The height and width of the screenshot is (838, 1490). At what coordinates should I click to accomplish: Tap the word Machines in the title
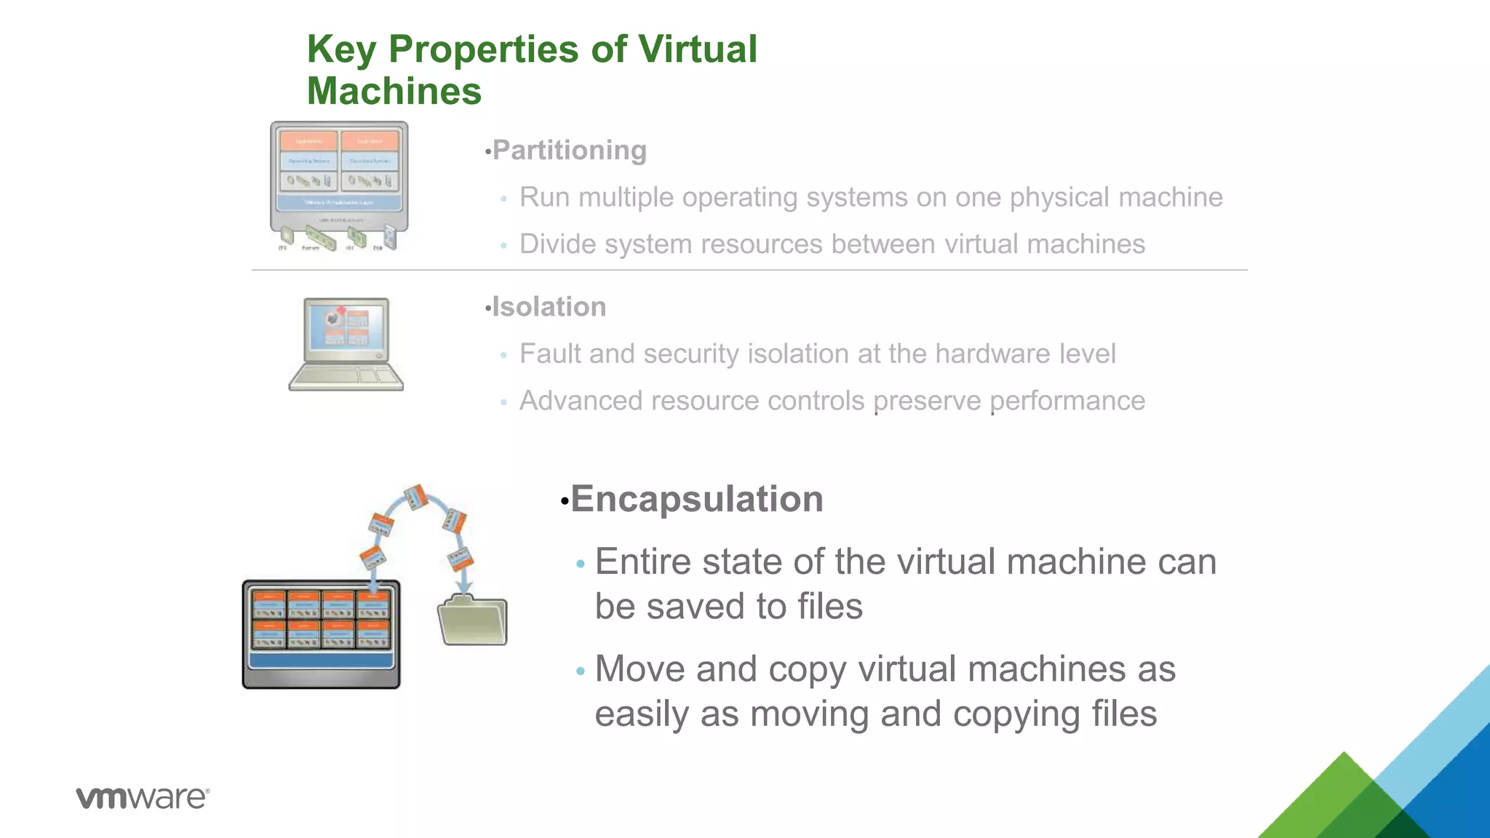click(x=394, y=92)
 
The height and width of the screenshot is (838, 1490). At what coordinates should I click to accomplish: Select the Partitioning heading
click(x=569, y=150)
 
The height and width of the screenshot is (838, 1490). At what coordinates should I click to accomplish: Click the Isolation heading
click(x=549, y=307)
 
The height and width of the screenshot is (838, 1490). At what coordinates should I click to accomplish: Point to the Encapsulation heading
click(x=696, y=499)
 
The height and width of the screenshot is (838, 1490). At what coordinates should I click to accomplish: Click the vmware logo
click(x=143, y=797)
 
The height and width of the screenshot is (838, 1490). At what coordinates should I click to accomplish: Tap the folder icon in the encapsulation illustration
click(x=473, y=620)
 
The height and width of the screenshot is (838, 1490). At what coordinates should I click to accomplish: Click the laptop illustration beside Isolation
click(x=346, y=344)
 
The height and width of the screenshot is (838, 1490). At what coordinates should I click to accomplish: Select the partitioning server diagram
click(x=339, y=186)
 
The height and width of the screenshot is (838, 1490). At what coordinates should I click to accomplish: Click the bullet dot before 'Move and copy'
click(x=580, y=671)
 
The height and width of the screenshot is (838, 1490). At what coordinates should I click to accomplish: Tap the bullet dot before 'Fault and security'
click(x=503, y=356)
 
